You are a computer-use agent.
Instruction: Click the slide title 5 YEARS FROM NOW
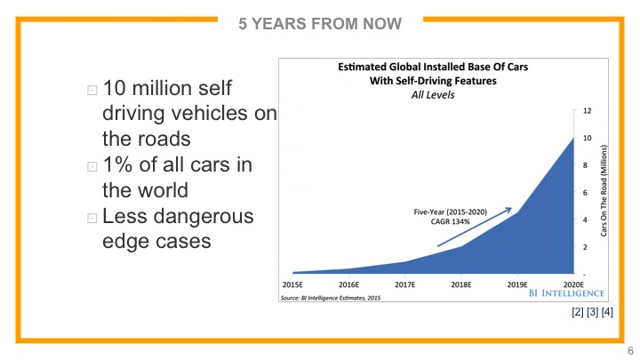(319, 22)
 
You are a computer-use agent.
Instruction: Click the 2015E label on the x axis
(293, 284)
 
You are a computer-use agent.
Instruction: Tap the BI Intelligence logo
(567, 292)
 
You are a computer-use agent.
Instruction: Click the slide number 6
(630, 350)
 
